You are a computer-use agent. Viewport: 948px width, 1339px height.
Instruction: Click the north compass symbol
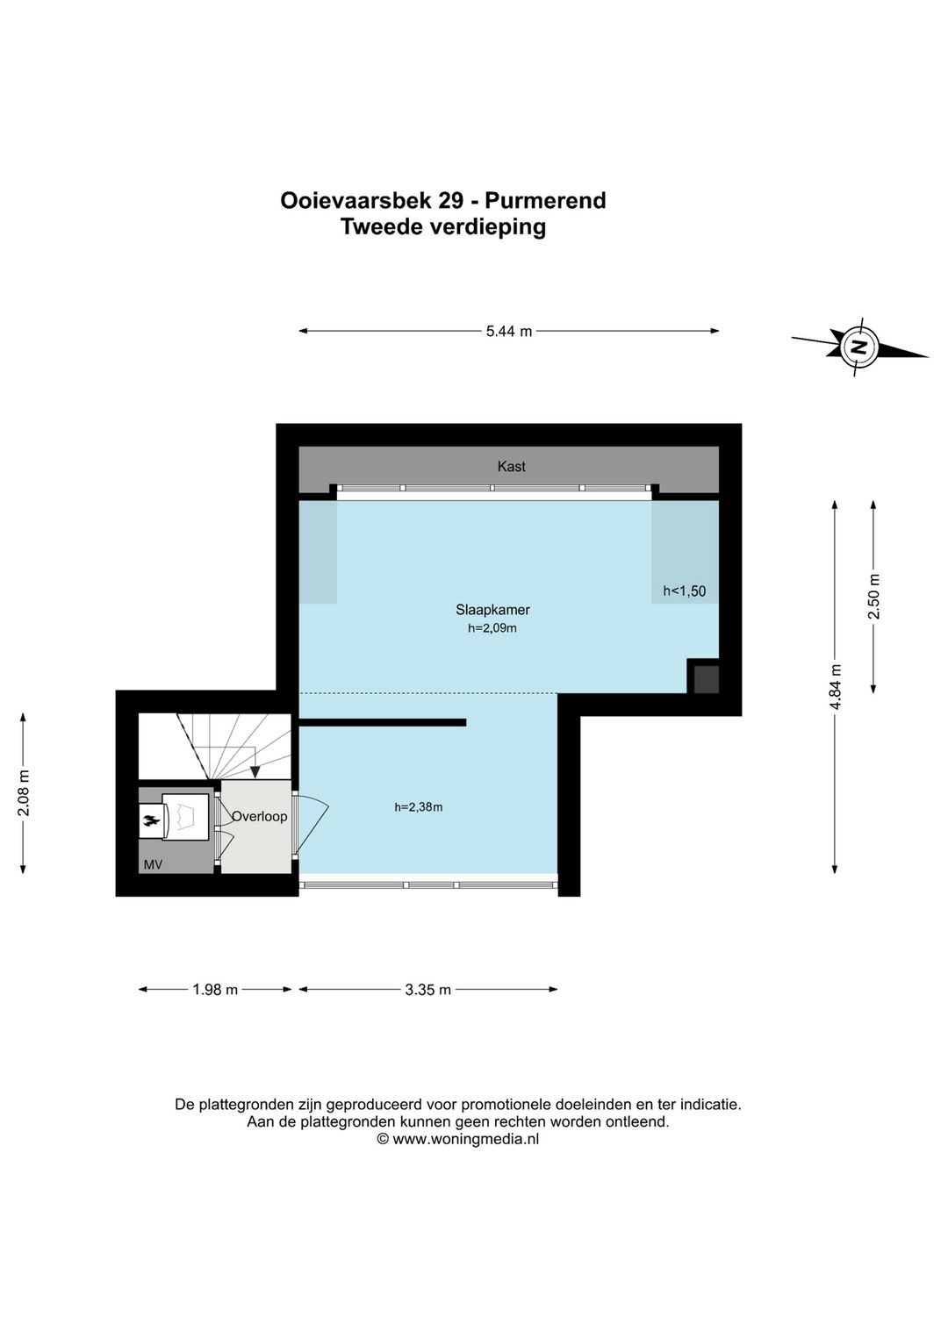click(858, 347)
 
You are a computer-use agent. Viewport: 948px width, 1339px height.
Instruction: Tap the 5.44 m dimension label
click(509, 332)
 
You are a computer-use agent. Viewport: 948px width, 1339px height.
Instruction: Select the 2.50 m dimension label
click(873, 596)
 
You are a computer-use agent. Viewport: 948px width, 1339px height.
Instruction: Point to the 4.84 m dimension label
click(835, 686)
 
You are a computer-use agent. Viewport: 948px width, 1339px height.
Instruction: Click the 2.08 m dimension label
click(24, 793)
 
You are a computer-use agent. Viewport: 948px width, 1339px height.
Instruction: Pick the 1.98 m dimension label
click(215, 990)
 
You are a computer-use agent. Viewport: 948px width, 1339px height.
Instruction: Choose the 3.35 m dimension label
click(428, 990)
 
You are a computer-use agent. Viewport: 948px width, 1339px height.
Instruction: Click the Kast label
click(511, 467)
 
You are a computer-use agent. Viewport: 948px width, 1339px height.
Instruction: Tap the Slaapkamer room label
click(492, 610)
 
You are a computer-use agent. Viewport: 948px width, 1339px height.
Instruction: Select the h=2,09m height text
click(492, 628)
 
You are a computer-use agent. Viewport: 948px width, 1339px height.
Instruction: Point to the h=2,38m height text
click(419, 807)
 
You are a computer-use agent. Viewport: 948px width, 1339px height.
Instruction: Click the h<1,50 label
click(684, 591)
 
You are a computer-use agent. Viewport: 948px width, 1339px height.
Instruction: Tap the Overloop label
click(259, 817)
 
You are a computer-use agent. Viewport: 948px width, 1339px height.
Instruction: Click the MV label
click(153, 865)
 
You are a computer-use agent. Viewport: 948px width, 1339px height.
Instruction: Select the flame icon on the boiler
click(151, 820)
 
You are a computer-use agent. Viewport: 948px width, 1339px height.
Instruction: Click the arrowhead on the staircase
click(255, 771)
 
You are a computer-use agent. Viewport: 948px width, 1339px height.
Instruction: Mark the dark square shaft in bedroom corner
click(706, 679)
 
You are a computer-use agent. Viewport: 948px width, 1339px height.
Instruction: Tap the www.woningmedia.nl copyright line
click(457, 1139)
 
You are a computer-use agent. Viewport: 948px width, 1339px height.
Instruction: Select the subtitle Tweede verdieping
click(443, 227)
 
